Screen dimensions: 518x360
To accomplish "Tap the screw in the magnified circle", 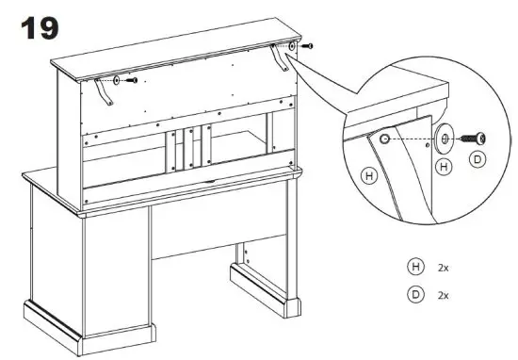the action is pyautogui.click(x=470, y=139).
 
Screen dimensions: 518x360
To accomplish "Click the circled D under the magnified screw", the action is pyautogui.click(x=478, y=160).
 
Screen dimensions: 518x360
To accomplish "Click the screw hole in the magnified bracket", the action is pyautogui.click(x=384, y=139).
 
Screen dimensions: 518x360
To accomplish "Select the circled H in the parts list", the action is pyautogui.click(x=413, y=268).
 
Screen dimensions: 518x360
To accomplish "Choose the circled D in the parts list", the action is pyautogui.click(x=413, y=295).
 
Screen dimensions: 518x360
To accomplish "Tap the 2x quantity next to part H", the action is pyautogui.click(x=444, y=268).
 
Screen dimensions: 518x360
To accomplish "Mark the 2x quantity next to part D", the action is pyautogui.click(x=444, y=295).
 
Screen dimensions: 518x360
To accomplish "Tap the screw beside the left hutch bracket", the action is pyautogui.click(x=133, y=81).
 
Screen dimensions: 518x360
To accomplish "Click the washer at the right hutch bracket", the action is pyautogui.click(x=294, y=44).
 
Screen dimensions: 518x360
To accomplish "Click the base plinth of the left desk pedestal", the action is pyautogui.click(x=90, y=325).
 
